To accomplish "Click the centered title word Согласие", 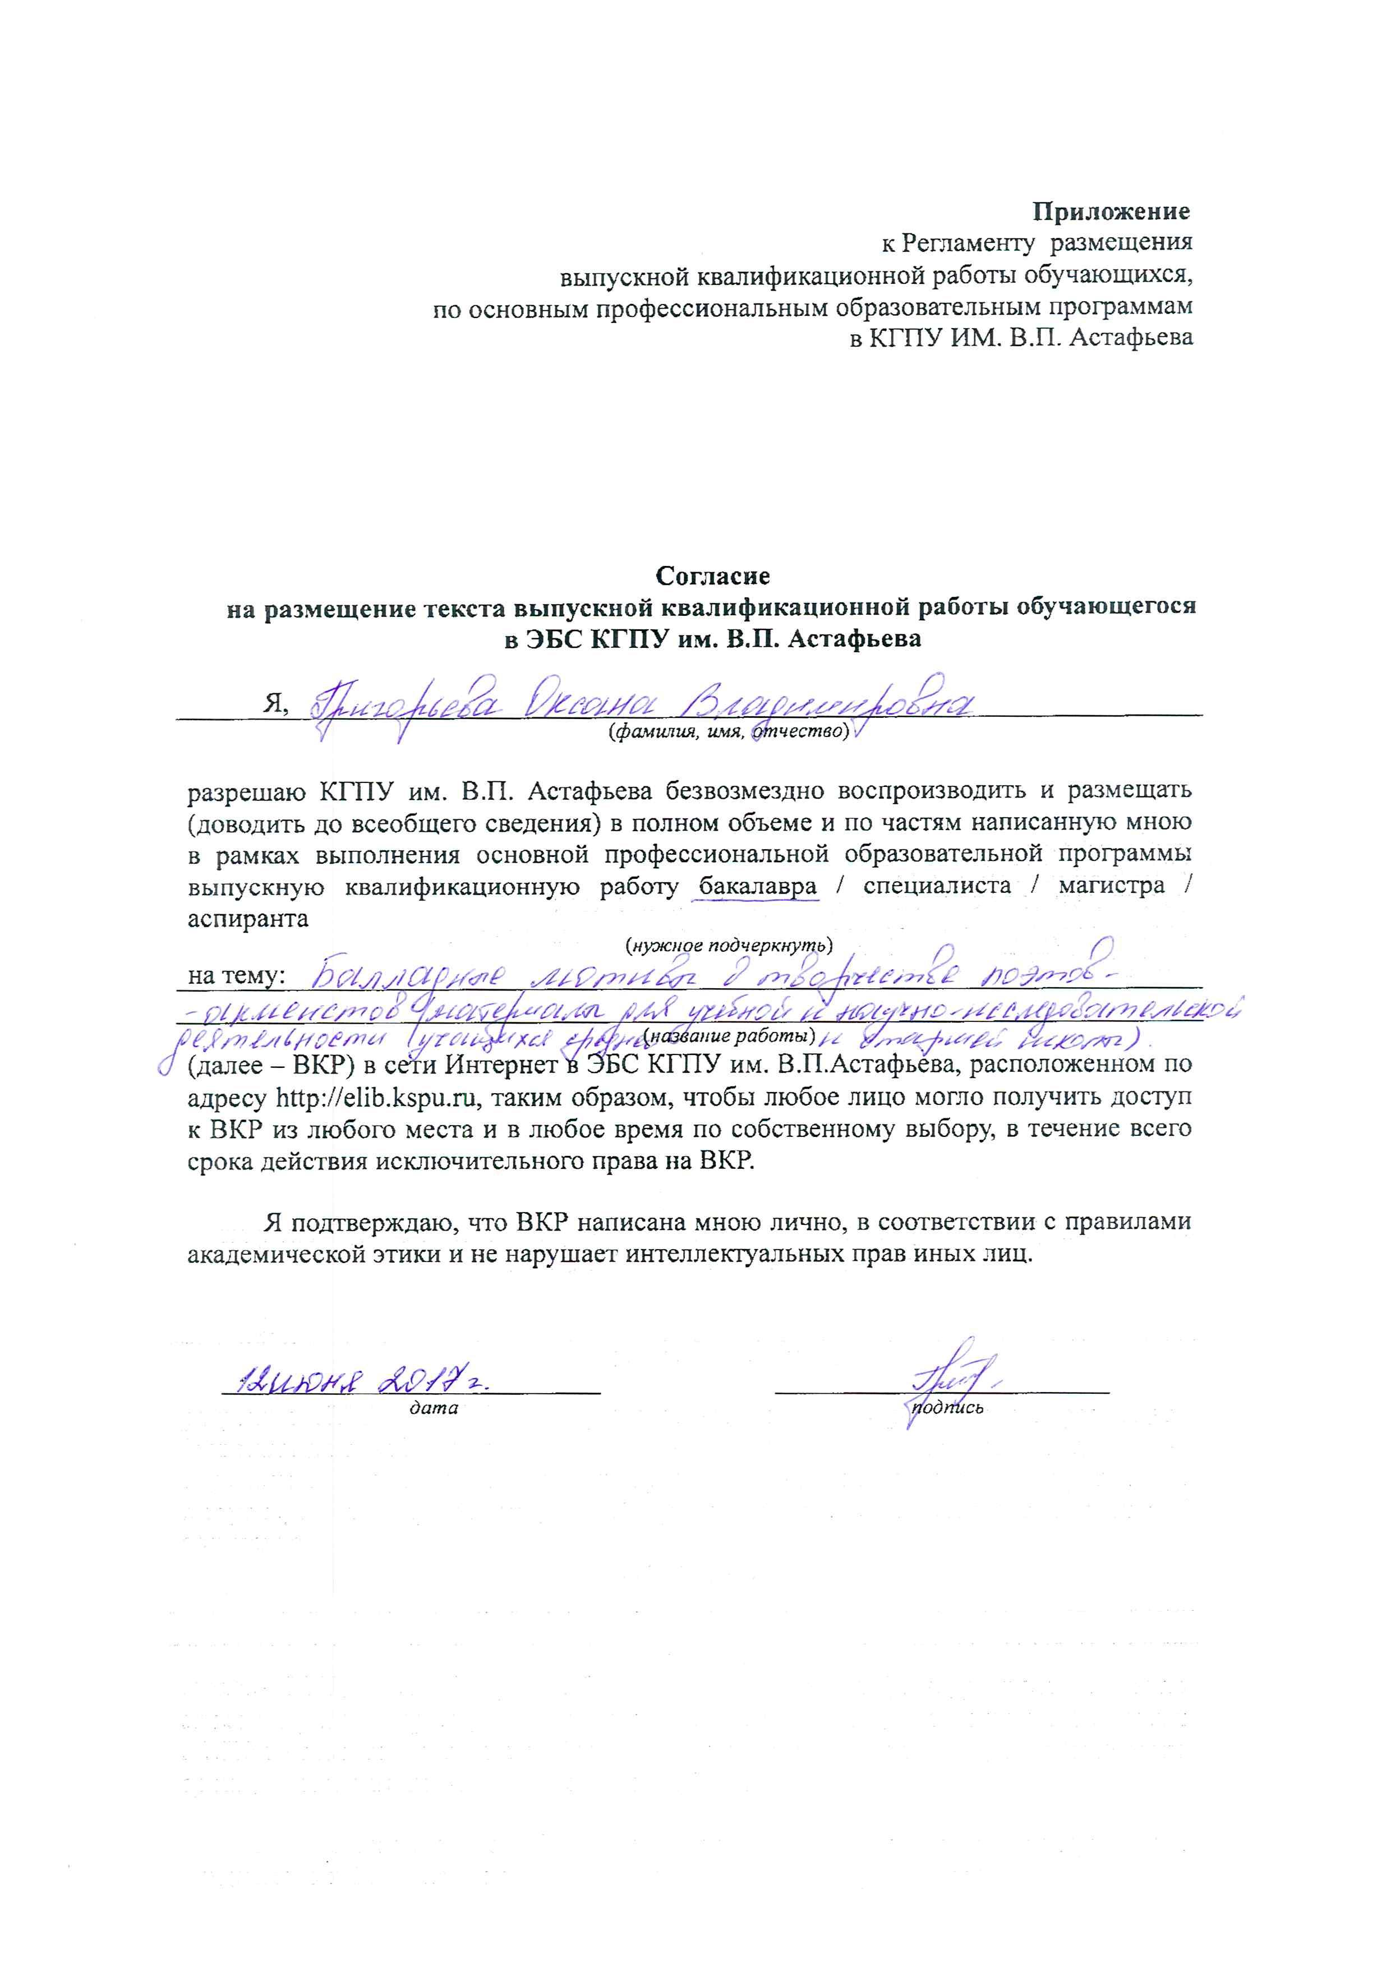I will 713,575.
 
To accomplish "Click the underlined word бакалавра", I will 758,886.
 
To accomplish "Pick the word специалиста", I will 937,886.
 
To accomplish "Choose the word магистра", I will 1111,886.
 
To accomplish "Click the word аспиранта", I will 248,918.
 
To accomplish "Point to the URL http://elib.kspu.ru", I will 377,1098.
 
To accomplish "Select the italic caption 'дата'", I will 434,1408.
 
